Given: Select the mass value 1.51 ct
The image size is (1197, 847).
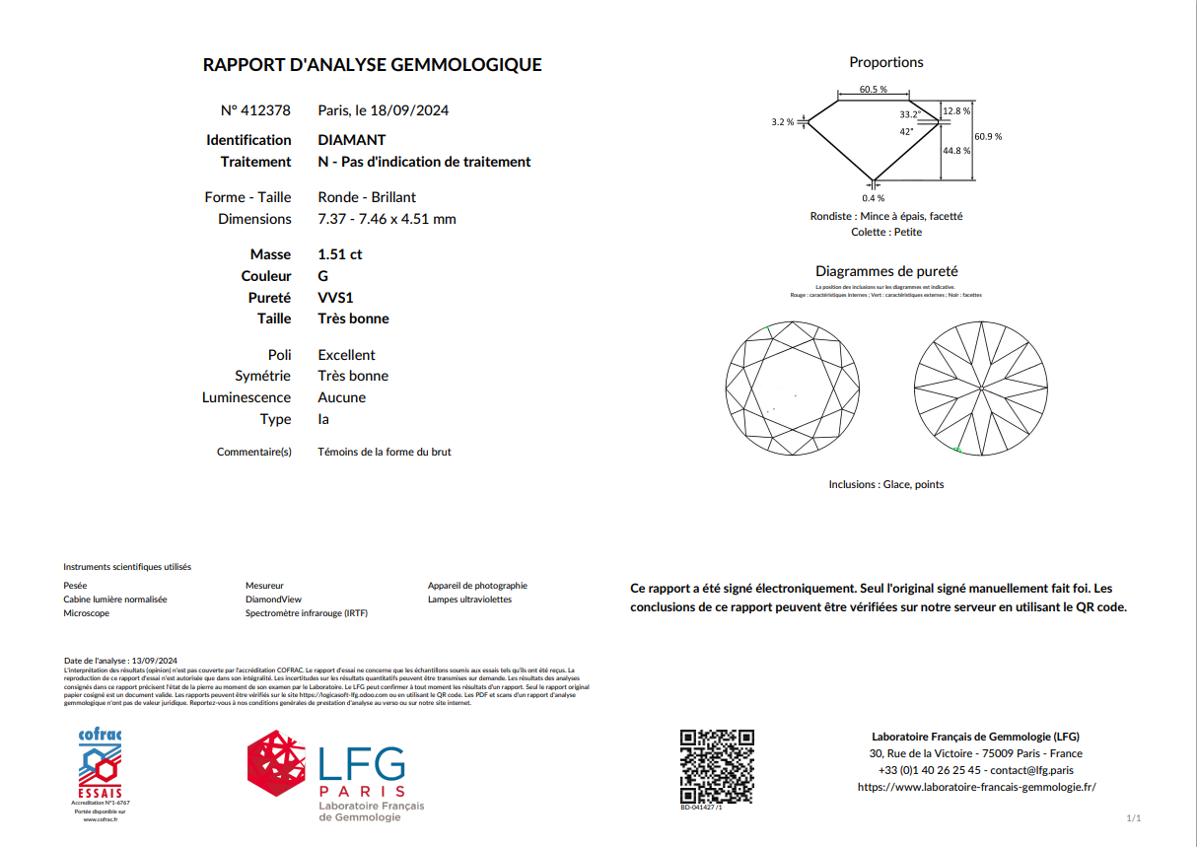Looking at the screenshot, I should (340, 254).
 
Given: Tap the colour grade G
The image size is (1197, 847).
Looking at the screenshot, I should (323, 276).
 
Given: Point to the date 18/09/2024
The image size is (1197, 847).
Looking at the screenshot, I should (409, 110).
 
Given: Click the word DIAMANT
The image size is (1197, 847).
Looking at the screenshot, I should (352, 140).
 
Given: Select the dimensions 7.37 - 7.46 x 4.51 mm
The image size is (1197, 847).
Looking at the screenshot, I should (387, 219).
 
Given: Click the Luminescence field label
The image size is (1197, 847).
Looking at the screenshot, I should (246, 397).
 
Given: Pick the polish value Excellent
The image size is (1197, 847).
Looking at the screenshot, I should (346, 355).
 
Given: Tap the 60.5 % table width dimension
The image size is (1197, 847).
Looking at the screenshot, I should (873, 90).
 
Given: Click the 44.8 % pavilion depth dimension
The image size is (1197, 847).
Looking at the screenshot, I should (956, 151).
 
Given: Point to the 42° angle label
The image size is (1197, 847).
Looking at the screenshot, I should (905, 131).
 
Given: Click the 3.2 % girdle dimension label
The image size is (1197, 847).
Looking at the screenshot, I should (783, 122).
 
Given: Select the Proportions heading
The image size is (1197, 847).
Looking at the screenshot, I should (886, 62).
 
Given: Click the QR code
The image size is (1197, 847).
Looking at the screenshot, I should (718, 766).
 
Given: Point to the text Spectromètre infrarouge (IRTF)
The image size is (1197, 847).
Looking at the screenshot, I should (306, 613).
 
